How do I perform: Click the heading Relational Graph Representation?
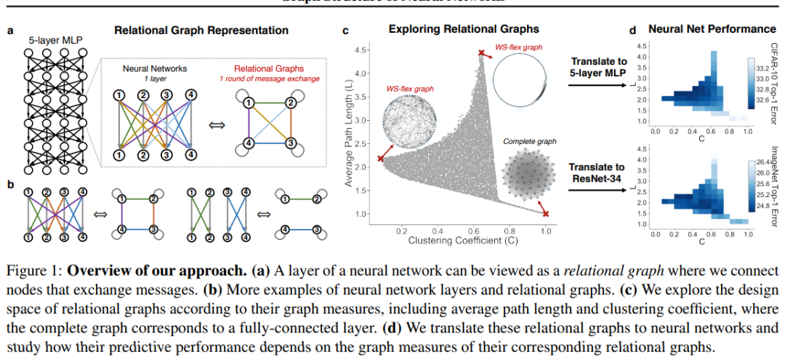pos(201,31)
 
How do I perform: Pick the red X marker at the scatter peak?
pos(480,52)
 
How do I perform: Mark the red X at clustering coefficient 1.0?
pos(545,213)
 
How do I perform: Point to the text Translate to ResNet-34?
pos(597,175)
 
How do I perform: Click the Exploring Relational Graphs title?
pos(464,29)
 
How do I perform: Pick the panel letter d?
pos(632,30)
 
